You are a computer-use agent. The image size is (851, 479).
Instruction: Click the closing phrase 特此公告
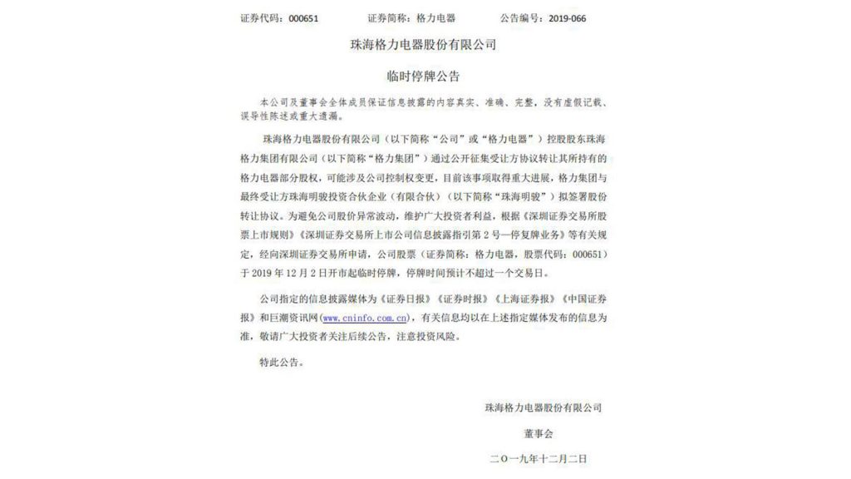[x=282, y=363]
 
